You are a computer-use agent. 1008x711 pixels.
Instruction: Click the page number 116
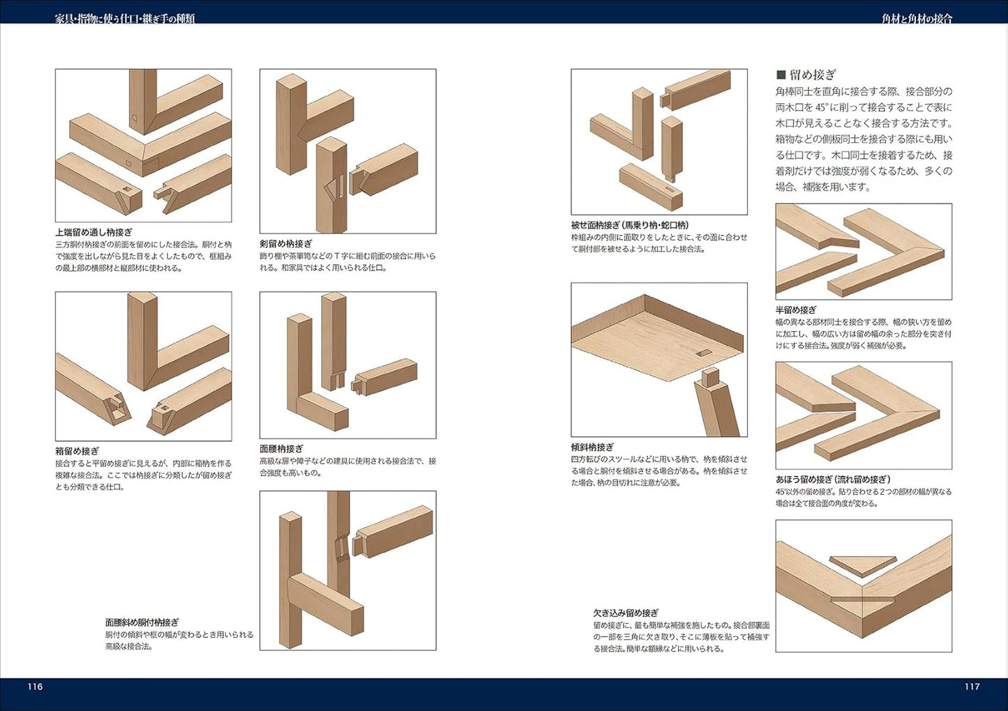pos(35,687)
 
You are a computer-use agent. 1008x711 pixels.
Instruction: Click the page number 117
pos(972,687)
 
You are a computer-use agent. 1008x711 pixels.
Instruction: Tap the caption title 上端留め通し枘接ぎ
pos(93,233)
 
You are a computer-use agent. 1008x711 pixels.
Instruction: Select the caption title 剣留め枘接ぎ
pos(286,244)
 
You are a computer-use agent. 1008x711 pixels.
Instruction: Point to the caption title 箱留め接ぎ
pos(77,450)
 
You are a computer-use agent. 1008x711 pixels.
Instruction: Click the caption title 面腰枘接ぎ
pos(281,448)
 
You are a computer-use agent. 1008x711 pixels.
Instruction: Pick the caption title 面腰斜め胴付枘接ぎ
pos(142,622)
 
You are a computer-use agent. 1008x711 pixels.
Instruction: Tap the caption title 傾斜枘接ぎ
pos(593,447)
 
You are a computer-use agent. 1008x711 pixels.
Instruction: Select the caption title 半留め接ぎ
pos(796,310)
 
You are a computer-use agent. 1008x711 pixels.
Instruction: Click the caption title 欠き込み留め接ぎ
pos(626,613)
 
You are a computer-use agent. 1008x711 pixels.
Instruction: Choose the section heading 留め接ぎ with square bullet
pos(806,75)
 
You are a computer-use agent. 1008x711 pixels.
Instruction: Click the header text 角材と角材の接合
pos(917,18)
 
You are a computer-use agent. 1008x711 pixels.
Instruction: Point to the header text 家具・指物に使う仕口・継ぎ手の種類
pos(125,18)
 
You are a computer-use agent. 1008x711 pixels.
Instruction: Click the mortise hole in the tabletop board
pos(704,353)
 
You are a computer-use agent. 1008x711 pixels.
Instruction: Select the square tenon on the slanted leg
pos(710,378)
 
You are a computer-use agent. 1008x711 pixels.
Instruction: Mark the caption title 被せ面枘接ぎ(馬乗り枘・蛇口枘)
pos(630,225)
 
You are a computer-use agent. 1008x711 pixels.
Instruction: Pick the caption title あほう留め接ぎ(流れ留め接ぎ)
pos(834,480)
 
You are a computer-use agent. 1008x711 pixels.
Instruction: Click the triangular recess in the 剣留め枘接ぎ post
pos(331,190)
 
